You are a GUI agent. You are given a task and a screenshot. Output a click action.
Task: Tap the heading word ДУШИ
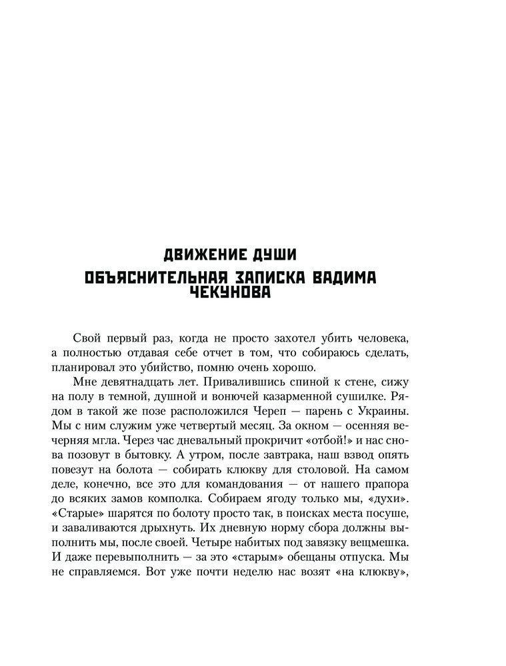274,254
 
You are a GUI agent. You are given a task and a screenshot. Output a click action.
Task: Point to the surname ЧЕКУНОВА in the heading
228,292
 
